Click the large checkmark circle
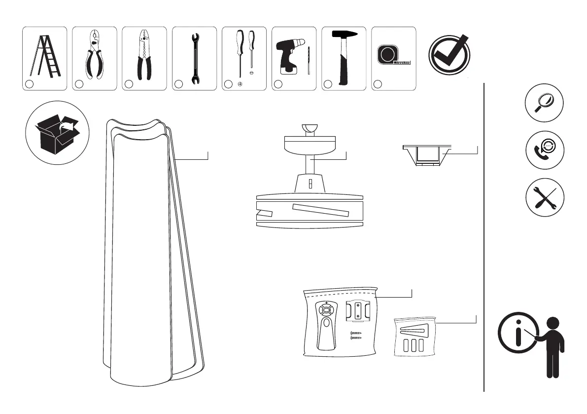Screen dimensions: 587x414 [x=449, y=55]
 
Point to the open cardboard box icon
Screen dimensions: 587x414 [x=57, y=132]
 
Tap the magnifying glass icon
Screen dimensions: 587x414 [x=545, y=103]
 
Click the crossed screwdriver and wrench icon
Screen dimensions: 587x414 [x=545, y=197]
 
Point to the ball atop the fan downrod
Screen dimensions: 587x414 [x=310, y=128]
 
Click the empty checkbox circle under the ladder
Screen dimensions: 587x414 [x=29, y=84]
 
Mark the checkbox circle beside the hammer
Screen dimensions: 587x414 [x=328, y=84]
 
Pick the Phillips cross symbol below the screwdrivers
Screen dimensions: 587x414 [x=240, y=84]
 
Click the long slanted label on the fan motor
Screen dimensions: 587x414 [x=320, y=210]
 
